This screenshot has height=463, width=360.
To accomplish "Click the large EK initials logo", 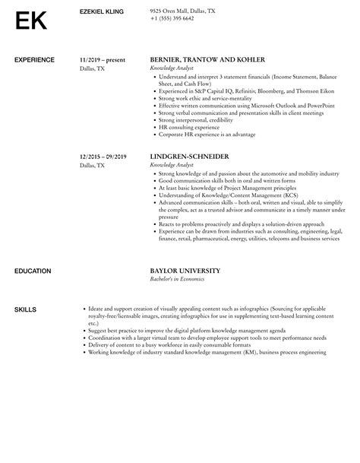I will pyautogui.click(x=30, y=21).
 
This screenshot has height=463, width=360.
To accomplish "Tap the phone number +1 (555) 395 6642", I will pyautogui.click(x=172, y=17).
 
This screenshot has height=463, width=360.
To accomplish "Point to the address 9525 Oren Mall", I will pyautogui.click(x=182, y=11).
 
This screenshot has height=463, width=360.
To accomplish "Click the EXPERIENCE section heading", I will pyautogui.click(x=34, y=59).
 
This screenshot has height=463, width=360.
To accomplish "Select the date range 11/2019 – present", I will pyautogui.click(x=102, y=59).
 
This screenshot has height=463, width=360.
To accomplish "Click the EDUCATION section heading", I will pyautogui.click(x=33, y=271).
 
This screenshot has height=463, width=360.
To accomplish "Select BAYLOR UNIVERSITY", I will pyautogui.click(x=185, y=271).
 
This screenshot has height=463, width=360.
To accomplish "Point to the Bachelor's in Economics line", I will pyautogui.click(x=177, y=279).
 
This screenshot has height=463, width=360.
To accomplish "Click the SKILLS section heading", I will pyautogui.click(x=25, y=309).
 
